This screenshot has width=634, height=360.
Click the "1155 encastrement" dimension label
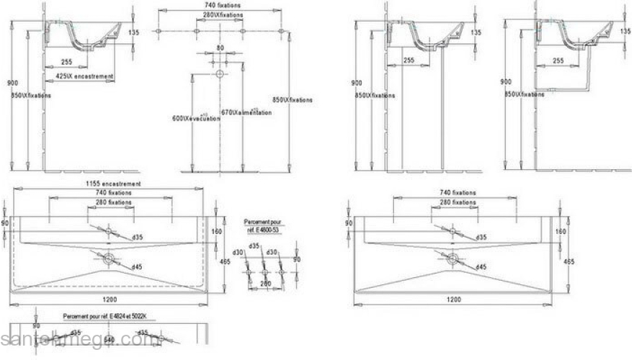coord(111,184)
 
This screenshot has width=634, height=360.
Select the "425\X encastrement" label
coord(84,76)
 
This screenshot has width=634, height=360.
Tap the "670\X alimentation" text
coord(246,112)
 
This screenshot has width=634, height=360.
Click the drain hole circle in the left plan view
coord(109,257)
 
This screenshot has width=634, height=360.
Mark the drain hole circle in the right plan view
coord(452,257)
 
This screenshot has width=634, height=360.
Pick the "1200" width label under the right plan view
coord(454,299)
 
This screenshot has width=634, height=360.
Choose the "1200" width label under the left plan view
coord(110,299)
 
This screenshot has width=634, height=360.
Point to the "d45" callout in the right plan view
coord(481,267)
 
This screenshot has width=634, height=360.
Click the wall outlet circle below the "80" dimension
coord(220,74)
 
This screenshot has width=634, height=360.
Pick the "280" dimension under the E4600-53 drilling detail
coord(264,284)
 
